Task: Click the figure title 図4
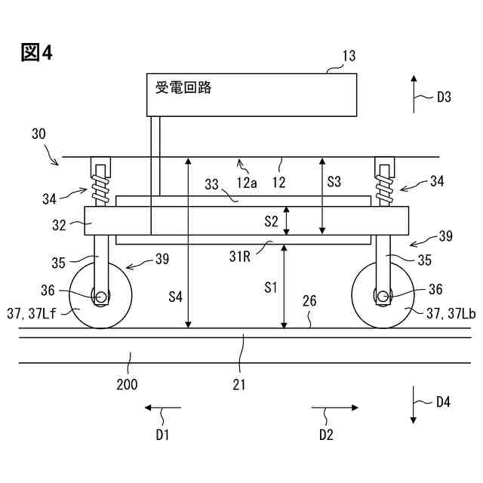(x=36, y=52)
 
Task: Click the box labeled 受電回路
(x=251, y=95)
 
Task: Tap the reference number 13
(x=349, y=56)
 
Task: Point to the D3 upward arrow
(x=414, y=94)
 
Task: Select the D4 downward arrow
(x=414, y=405)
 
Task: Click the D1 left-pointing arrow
(x=163, y=408)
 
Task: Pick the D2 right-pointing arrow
(x=334, y=408)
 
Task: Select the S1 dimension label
(x=271, y=288)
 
